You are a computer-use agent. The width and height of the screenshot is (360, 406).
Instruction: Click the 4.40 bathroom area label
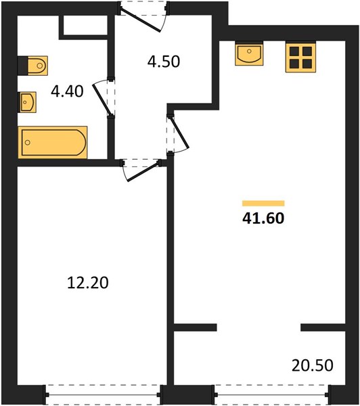[x=67, y=91]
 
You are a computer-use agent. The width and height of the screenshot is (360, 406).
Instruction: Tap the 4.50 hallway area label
[x=164, y=62]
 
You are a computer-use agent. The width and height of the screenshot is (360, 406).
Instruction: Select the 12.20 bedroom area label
[x=88, y=282]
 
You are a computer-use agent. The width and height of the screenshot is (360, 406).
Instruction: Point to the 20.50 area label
[x=313, y=365]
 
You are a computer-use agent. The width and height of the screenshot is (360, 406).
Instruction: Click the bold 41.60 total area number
[x=263, y=218]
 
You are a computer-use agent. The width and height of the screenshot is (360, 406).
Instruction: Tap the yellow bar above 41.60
[x=263, y=203]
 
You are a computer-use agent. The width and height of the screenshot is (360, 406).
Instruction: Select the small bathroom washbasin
[x=27, y=102]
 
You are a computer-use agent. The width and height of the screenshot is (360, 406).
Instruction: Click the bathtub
[x=53, y=142]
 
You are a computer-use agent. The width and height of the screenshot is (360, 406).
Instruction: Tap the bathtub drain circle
[x=28, y=142]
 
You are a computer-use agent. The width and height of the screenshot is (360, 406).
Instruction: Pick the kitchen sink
[x=249, y=54]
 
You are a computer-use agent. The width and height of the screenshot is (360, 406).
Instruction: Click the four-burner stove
[x=300, y=58]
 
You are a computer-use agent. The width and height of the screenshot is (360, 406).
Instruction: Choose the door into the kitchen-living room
[x=177, y=134]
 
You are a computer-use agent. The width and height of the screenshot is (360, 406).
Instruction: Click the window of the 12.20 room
[x=103, y=395]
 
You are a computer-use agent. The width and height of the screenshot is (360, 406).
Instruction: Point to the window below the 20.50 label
[x=272, y=395]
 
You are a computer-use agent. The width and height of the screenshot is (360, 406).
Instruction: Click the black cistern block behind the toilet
[x=22, y=66]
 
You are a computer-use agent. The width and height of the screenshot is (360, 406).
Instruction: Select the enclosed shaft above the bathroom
[x=85, y=25]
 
